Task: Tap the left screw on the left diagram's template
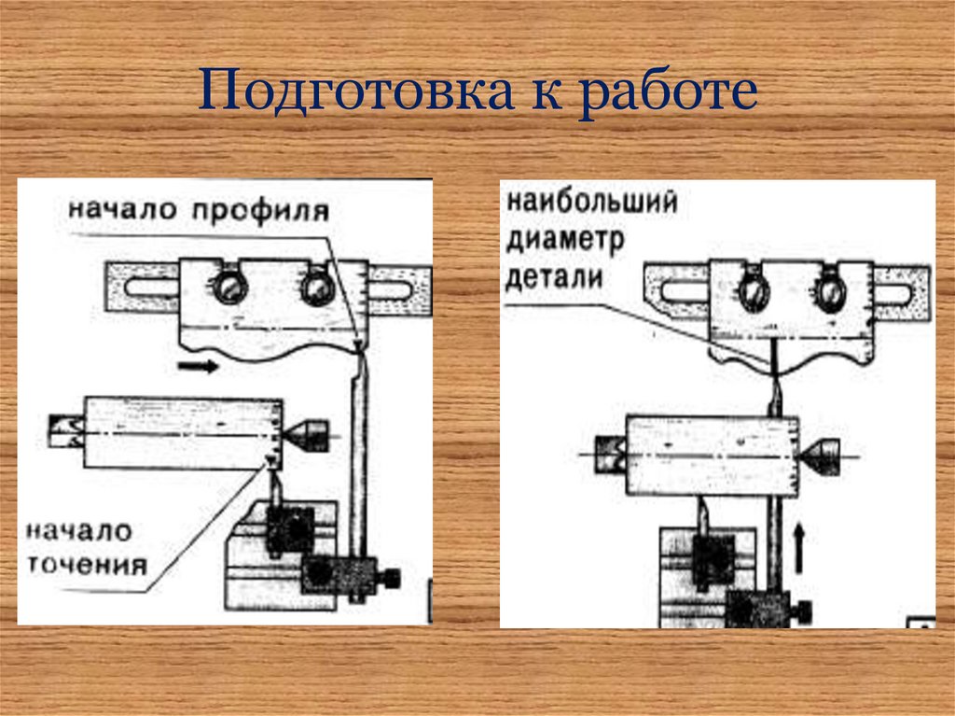[x=227, y=288]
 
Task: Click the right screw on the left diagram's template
[x=316, y=288]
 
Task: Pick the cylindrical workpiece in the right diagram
[x=713, y=456]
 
